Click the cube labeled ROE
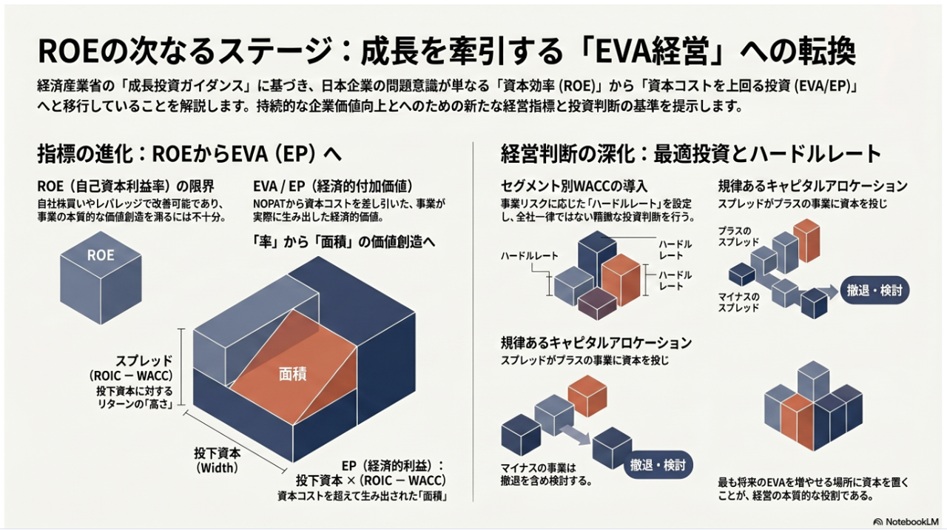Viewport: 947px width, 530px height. [x=101, y=278]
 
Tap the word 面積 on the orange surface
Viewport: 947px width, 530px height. [x=292, y=374]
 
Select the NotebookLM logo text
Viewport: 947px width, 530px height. [x=906, y=522]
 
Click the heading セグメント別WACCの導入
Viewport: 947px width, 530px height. [x=574, y=186]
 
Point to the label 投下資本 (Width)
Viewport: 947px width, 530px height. [x=218, y=460]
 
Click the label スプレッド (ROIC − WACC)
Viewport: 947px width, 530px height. [x=131, y=368]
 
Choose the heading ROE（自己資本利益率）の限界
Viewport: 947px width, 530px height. [x=126, y=186]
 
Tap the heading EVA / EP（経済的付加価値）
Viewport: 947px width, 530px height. [x=333, y=186]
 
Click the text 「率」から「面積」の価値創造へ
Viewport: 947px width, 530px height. [x=344, y=241]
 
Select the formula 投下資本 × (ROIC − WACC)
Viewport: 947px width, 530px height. [x=371, y=480]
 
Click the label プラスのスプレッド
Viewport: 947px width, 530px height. [x=738, y=236]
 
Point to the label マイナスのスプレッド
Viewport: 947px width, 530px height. [x=738, y=302]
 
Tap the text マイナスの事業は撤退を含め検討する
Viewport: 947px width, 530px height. [x=545, y=474]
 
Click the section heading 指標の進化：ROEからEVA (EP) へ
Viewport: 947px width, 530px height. [x=189, y=153]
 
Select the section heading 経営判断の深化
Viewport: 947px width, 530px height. [x=568, y=153]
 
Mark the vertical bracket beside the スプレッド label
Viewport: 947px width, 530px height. [x=182, y=366]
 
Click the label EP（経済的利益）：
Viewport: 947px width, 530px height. [x=393, y=466]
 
